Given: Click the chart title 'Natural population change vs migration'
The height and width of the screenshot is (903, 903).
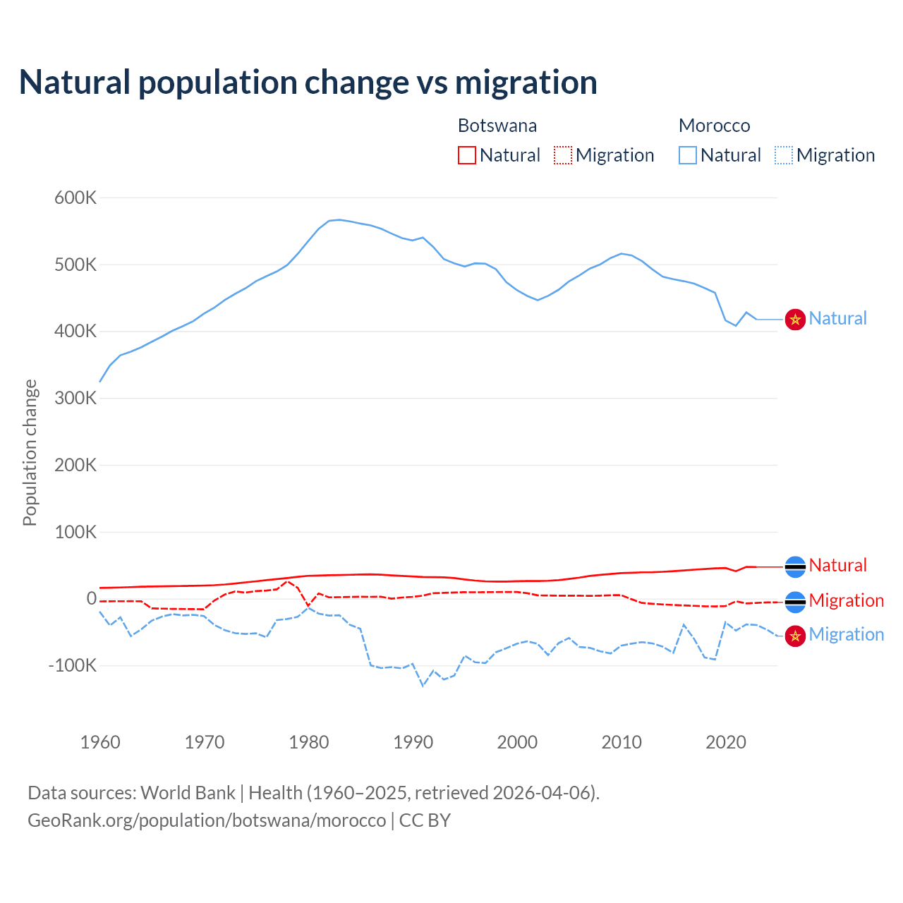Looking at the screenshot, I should [308, 83].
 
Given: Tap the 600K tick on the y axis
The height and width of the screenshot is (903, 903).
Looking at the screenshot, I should [75, 198].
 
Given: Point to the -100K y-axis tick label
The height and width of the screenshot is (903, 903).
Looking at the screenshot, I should [72, 665].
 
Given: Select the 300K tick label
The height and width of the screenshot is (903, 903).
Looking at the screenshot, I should [75, 398].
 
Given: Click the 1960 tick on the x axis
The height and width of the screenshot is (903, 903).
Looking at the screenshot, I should [100, 742].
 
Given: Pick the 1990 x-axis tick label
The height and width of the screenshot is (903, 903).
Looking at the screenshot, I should [413, 742].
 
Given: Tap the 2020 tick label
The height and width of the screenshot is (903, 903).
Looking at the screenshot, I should [726, 742].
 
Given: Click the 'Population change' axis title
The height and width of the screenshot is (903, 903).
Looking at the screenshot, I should [30, 452].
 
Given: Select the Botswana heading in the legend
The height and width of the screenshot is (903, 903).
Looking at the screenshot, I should [497, 126].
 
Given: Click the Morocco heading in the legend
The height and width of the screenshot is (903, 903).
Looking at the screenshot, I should [714, 126].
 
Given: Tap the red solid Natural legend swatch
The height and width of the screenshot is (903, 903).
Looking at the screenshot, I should [467, 155].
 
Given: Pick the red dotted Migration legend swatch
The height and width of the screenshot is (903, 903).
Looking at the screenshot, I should [563, 155].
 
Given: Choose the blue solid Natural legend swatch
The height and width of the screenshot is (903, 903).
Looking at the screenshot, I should [688, 155].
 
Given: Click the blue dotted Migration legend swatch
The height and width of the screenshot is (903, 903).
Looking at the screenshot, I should [784, 155].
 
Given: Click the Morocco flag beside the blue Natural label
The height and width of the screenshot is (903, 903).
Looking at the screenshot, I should [796, 320].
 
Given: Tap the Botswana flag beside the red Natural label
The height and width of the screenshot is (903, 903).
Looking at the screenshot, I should [796, 566].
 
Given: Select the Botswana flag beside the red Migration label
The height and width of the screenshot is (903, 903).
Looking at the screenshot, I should [796, 602].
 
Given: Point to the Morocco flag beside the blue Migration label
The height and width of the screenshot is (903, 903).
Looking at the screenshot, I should [796, 636].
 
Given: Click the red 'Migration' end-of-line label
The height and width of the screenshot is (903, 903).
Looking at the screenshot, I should [846, 600].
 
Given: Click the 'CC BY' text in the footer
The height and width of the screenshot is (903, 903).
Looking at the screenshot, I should [425, 820].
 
